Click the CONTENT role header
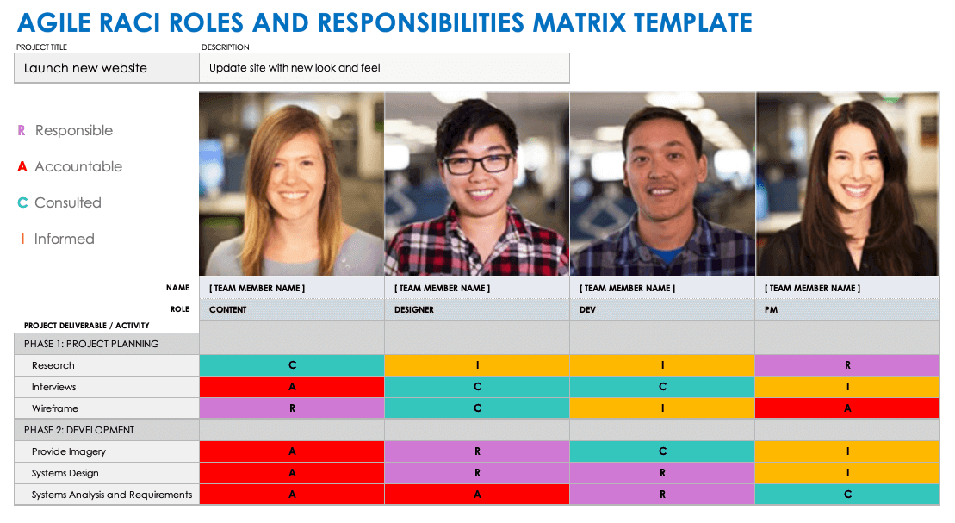[x=228, y=309]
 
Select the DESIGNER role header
[x=414, y=309]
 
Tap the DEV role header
[x=589, y=309]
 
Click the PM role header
[x=771, y=309]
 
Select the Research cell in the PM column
[x=847, y=365]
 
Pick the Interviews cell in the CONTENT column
[x=292, y=387]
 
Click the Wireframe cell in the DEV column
[x=662, y=408]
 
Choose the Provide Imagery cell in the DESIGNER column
[x=477, y=451]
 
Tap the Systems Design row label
[x=65, y=473]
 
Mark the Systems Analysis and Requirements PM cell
[x=847, y=495]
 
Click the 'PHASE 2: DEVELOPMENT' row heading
[x=79, y=430]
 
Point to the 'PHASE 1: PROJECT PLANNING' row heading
[x=91, y=344]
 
